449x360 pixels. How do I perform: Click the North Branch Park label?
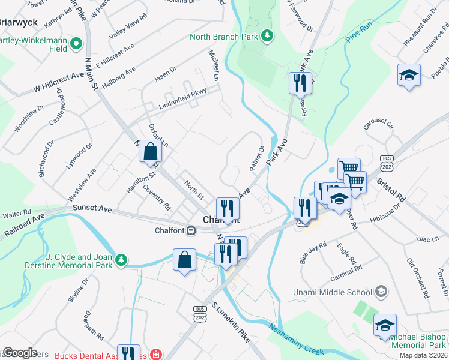(223, 37)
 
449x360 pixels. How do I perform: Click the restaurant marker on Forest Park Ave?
(298, 83)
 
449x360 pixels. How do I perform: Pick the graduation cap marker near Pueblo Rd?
(408, 76)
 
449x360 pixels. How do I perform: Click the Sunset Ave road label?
(92, 208)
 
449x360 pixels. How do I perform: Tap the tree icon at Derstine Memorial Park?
(122, 259)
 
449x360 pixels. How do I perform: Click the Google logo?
(19, 353)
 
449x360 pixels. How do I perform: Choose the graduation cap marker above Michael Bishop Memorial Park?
(384, 325)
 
